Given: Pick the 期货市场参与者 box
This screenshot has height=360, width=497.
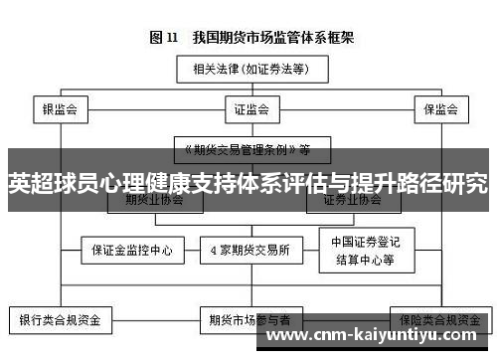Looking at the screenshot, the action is [248, 320].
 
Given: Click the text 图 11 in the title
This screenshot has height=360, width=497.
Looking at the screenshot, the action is [163, 38].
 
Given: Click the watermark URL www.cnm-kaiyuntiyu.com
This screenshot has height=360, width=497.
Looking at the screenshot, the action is [379, 338].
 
